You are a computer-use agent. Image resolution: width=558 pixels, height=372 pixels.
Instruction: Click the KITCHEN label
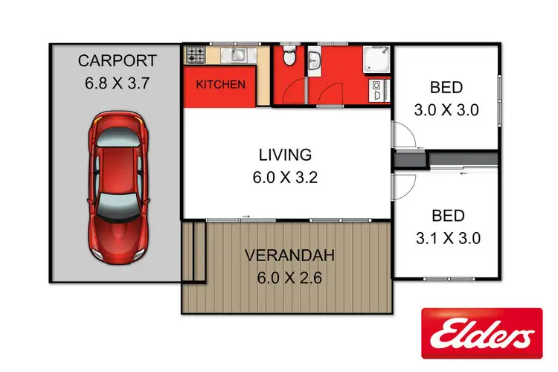coord(220,85)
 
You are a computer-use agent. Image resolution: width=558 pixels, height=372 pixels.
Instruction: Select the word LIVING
coord(284,155)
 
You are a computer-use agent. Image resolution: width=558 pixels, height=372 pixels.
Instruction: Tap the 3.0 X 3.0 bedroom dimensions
coord(446,110)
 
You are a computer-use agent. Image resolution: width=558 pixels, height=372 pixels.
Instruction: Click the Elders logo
coord(481,332)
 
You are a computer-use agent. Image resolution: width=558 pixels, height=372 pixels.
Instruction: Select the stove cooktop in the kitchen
coord(196,54)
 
